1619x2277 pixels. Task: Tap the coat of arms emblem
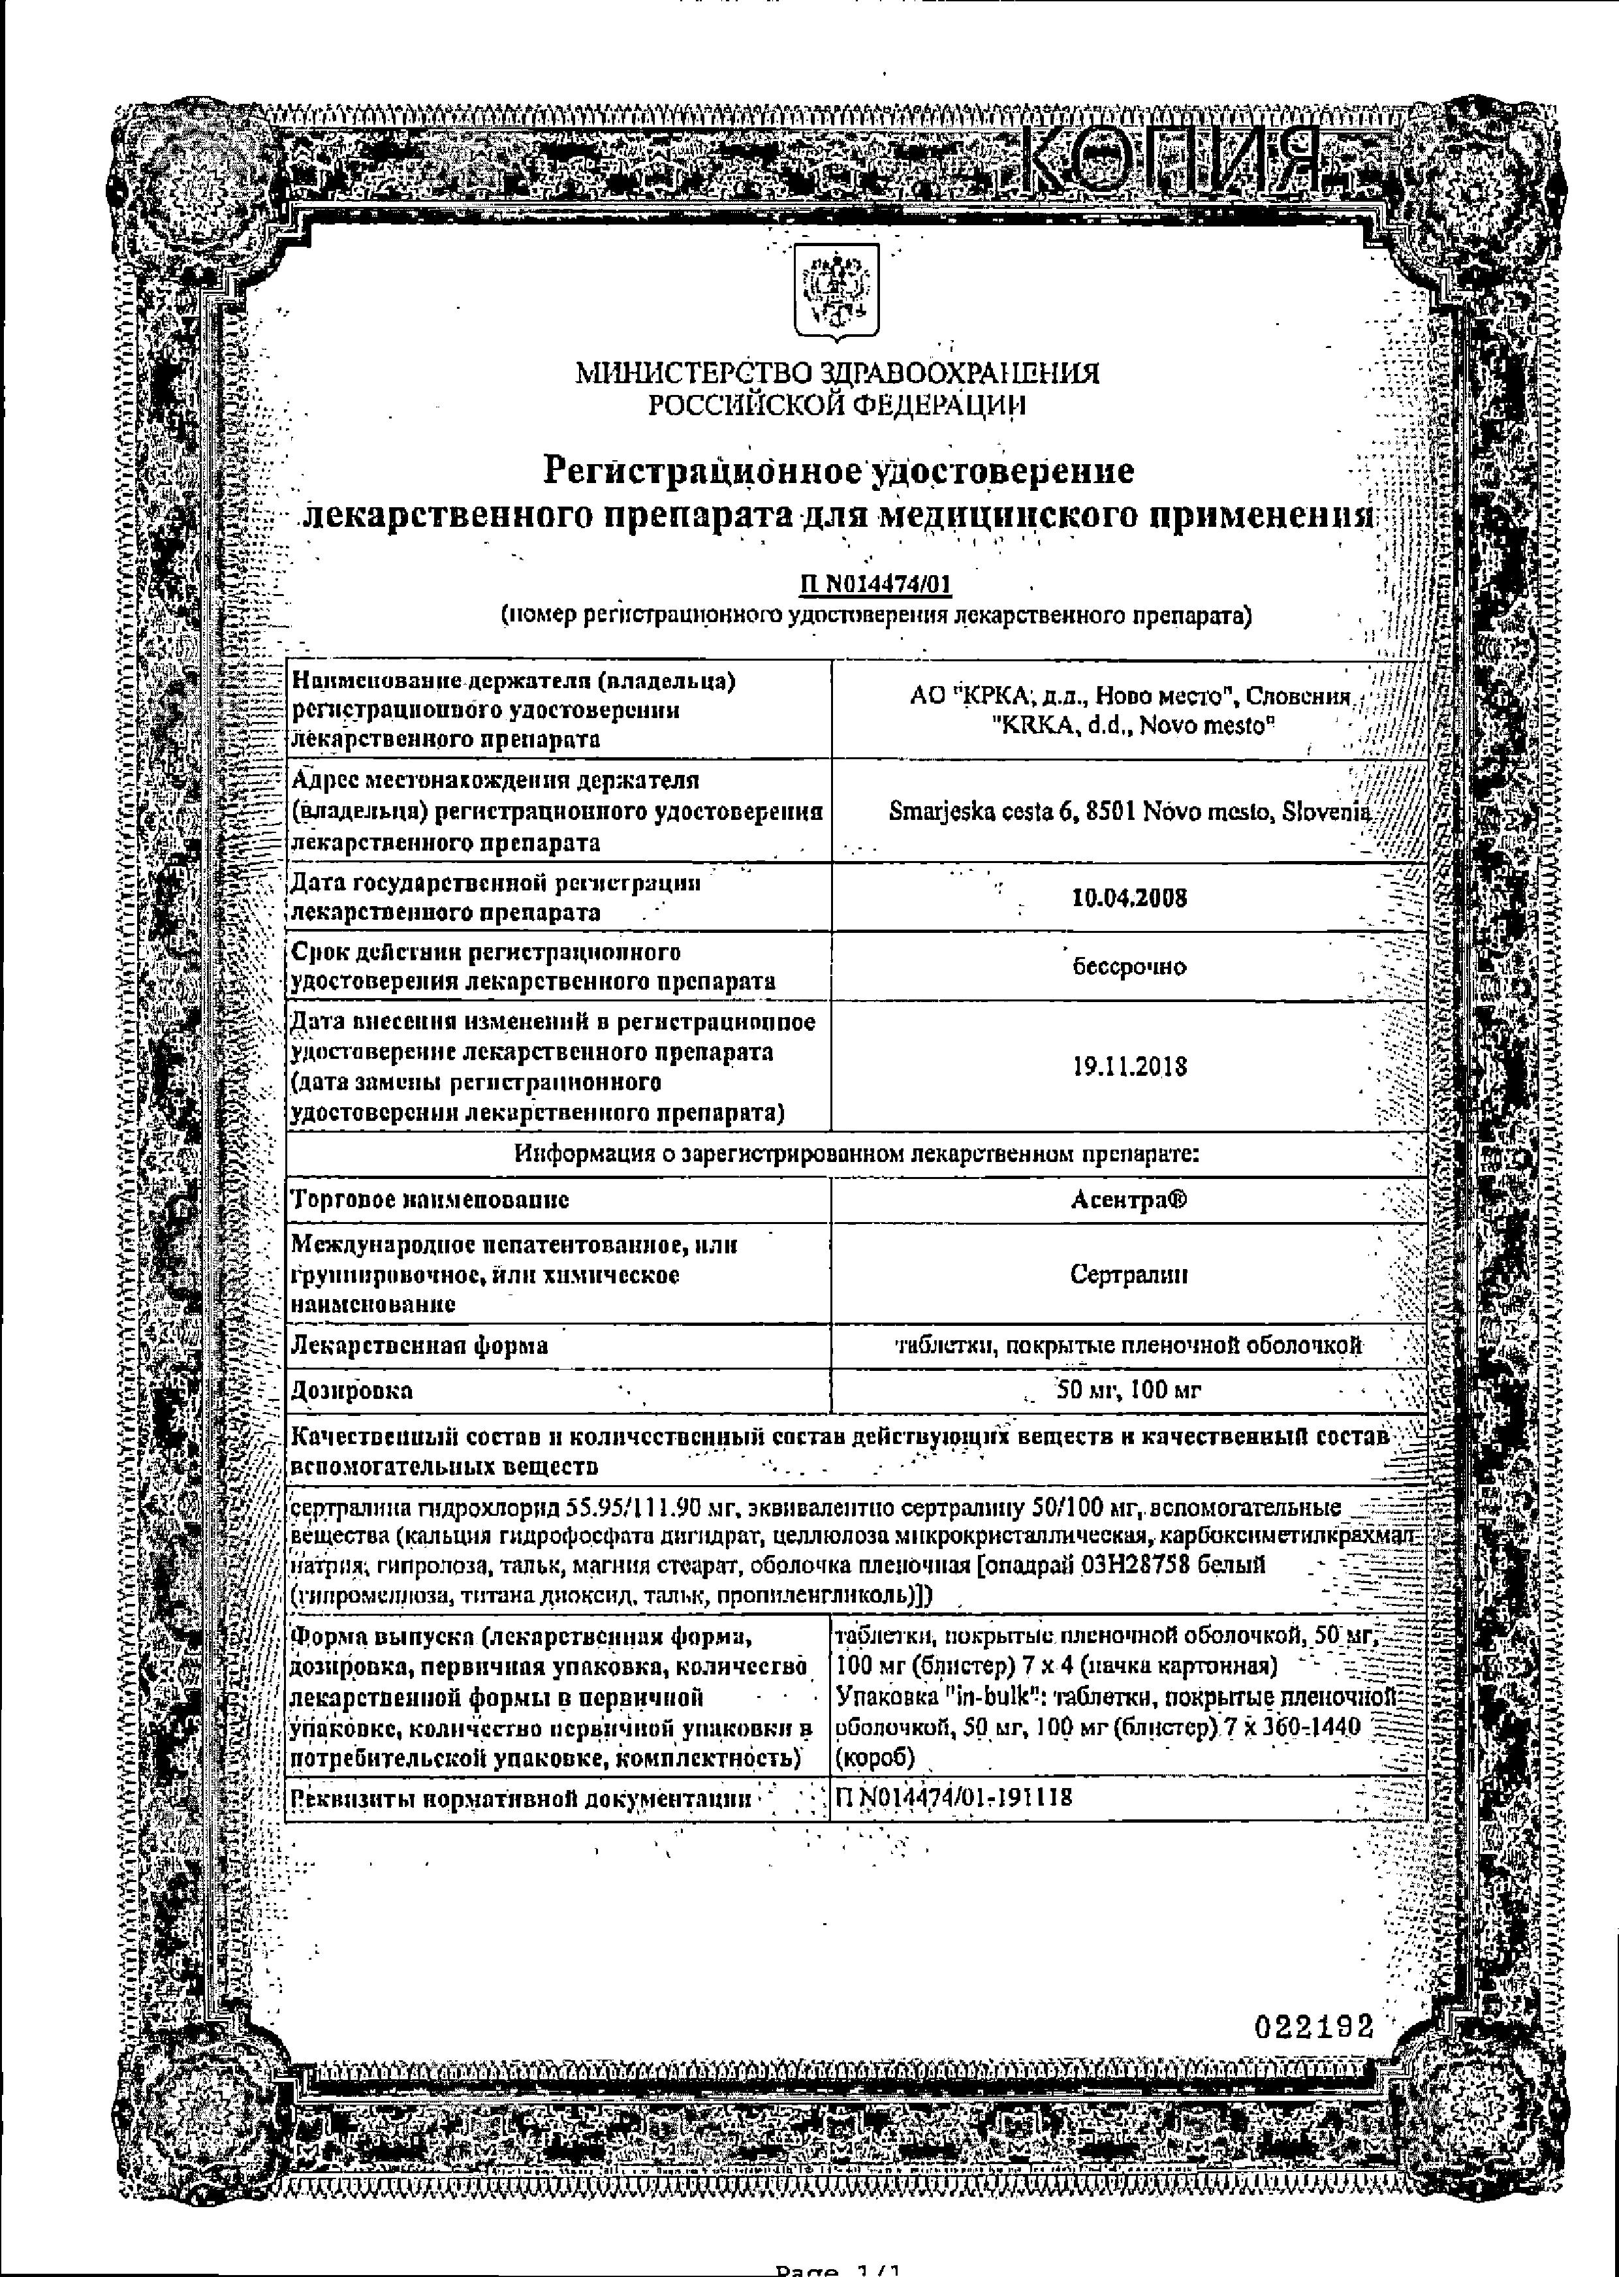(836, 289)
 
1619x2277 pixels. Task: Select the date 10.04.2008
(1129, 897)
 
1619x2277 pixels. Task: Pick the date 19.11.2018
(1129, 1067)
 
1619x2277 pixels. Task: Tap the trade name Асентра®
(1129, 1201)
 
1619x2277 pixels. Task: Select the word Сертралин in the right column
(1129, 1274)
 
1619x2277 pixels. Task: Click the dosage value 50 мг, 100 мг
(1129, 1390)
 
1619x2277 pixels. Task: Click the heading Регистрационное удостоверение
(838, 469)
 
